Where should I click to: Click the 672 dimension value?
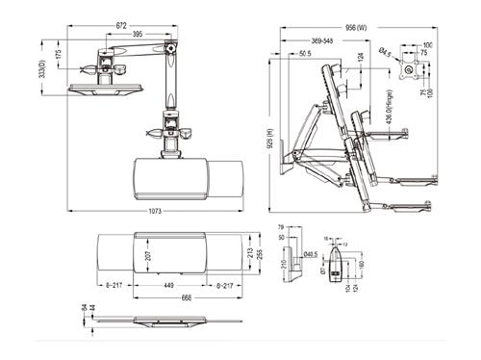[x=120, y=22]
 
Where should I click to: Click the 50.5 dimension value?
[x=304, y=54]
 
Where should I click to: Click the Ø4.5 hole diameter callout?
[x=385, y=52]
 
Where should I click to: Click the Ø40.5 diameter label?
[x=312, y=255]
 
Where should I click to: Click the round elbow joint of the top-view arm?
[x=170, y=46]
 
